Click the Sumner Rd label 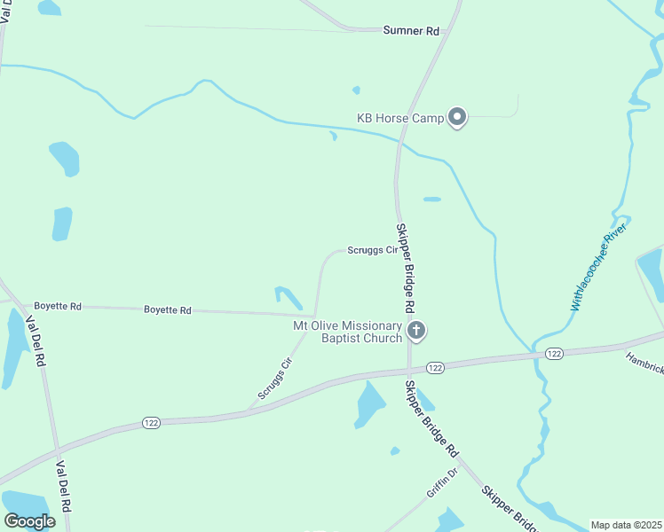[x=411, y=31]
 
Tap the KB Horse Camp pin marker [x=457, y=117]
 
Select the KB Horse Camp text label [x=399, y=117]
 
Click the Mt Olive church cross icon [x=415, y=332]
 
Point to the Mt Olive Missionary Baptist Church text [x=348, y=332]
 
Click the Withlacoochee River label [x=599, y=266]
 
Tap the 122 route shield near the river [x=554, y=354]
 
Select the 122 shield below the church [x=434, y=367]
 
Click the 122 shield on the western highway [x=151, y=424]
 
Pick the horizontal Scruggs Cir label [x=371, y=251]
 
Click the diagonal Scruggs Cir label [x=275, y=378]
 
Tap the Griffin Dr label [x=440, y=483]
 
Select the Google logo [x=28, y=521]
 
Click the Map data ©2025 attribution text [x=627, y=525]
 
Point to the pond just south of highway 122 [x=369, y=403]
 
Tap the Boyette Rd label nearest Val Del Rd [x=58, y=306]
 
